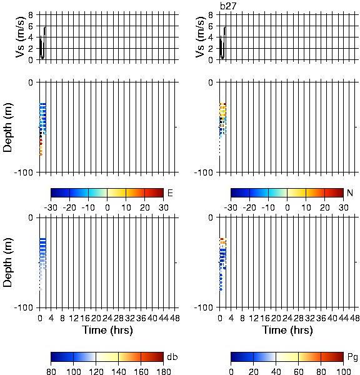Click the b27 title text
pos(227,6)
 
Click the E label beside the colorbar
pos(170,192)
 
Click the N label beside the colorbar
pos(350,192)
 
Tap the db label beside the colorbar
pos(172,357)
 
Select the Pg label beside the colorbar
pos(352,357)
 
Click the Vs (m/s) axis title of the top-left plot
pos(21,37)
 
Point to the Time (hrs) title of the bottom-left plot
pos(107,330)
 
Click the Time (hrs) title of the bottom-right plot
pos(287,330)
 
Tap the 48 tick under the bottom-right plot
pos(354,318)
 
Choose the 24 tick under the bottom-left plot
pos(107,318)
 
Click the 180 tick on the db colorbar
pos(163,371)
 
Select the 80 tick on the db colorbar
pos(51,371)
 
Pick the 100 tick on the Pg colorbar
pos(344,371)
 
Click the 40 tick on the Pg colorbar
pos(276,371)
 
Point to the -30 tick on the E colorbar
pos(51,207)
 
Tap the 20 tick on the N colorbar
pos(324,207)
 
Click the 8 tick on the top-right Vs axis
pos(211,15)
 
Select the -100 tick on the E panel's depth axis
pos(24,172)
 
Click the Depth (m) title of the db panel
pos(7,262)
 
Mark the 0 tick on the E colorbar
pos(107,207)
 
